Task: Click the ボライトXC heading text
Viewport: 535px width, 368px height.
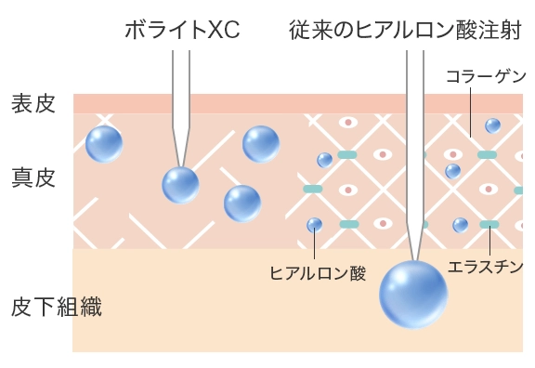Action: [181, 31]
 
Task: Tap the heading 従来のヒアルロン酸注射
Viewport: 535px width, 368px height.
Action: [404, 31]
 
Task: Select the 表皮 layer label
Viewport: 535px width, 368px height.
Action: [34, 103]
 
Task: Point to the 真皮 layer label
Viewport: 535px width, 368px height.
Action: [34, 177]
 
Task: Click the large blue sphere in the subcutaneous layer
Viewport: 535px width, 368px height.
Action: [413, 295]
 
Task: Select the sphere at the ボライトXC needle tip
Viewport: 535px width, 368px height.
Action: [180, 185]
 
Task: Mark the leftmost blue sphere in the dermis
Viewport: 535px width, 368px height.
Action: [104, 144]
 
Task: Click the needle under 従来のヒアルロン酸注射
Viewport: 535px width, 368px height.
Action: [413, 149]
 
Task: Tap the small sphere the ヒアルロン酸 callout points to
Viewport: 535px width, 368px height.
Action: [315, 225]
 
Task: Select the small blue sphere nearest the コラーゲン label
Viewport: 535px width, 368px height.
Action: [492, 125]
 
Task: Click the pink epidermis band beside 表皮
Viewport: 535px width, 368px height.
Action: [279, 103]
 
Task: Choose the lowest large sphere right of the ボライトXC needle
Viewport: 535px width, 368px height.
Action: [242, 204]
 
